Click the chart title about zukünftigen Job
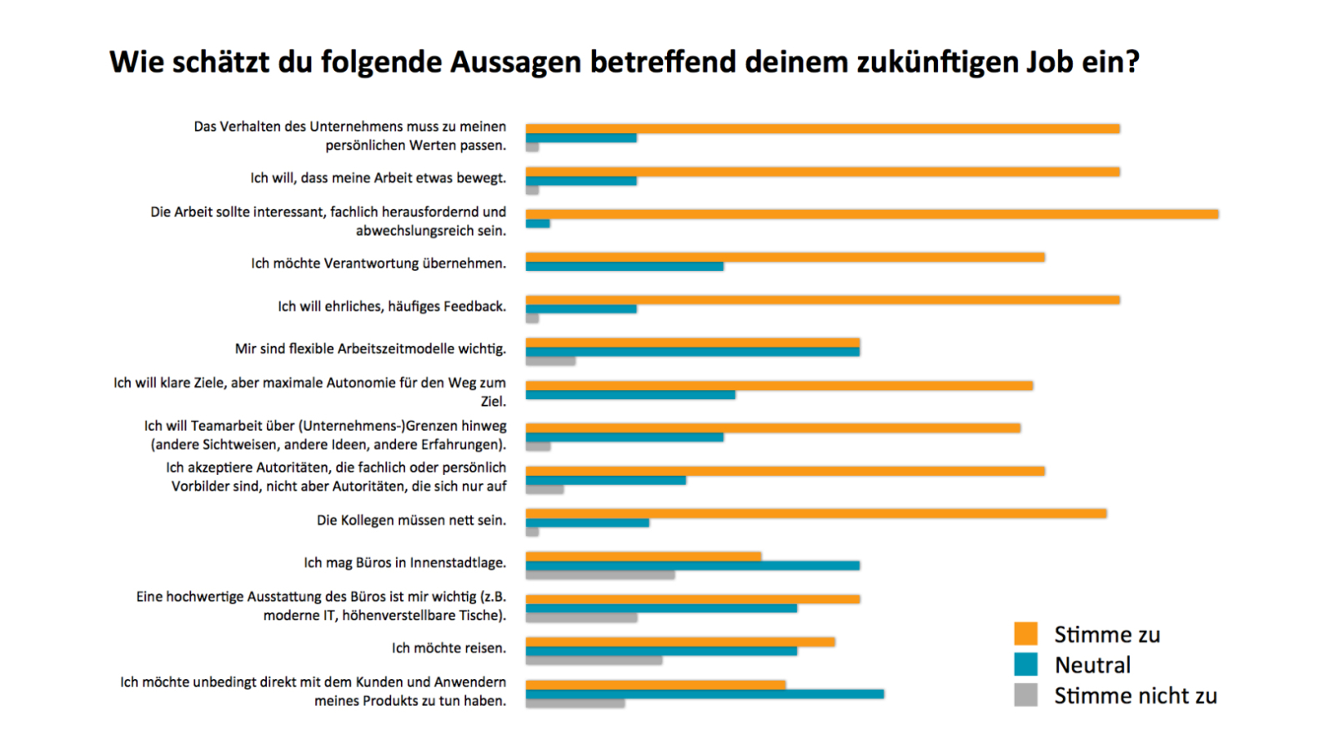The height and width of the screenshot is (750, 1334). pyautogui.click(x=624, y=62)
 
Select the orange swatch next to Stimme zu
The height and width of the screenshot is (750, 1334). pyautogui.click(x=1026, y=633)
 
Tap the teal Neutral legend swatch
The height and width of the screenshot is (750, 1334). pyautogui.click(x=1026, y=664)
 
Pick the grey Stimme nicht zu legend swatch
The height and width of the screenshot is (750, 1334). pyautogui.click(x=1026, y=695)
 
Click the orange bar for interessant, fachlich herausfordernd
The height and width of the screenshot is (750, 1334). pyautogui.click(x=871, y=214)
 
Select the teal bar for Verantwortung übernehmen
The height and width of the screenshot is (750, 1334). pyautogui.click(x=624, y=267)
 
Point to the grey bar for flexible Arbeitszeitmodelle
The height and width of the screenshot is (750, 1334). pyautogui.click(x=550, y=362)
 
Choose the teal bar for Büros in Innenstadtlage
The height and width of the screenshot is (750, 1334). pyautogui.click(x=692, y=566)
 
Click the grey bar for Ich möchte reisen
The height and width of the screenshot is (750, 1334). pyautogui.click(x=594, y=661)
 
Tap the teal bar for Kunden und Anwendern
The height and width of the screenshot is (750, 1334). pyautogui.click(x=705, y=694)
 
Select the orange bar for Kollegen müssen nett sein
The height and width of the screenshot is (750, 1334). pyautogui.click(x=815, y=513)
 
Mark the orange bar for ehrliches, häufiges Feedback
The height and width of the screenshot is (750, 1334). pyautogui.click(x=822, y=300)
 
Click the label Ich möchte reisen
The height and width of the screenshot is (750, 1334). pyautogui.click(x=449, y=648)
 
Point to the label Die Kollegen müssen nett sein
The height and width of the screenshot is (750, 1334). pyautogui.click(x=411, y=521)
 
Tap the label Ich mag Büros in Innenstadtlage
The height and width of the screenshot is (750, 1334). pyautogui.click(x=404, y=563)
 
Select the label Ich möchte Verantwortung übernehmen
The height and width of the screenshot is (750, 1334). pyautogui.click(x=379, y=264)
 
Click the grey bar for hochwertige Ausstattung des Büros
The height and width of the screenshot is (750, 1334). pyautogui.click(x=581, y=618)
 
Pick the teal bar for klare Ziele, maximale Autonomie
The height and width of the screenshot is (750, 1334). pyautogui.click(x=630, y=395)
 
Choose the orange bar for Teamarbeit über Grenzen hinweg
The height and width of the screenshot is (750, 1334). pyautogui.click(x=773, y=428)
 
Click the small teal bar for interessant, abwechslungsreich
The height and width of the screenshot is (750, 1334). pyautogui.click(x=538, y=224)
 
